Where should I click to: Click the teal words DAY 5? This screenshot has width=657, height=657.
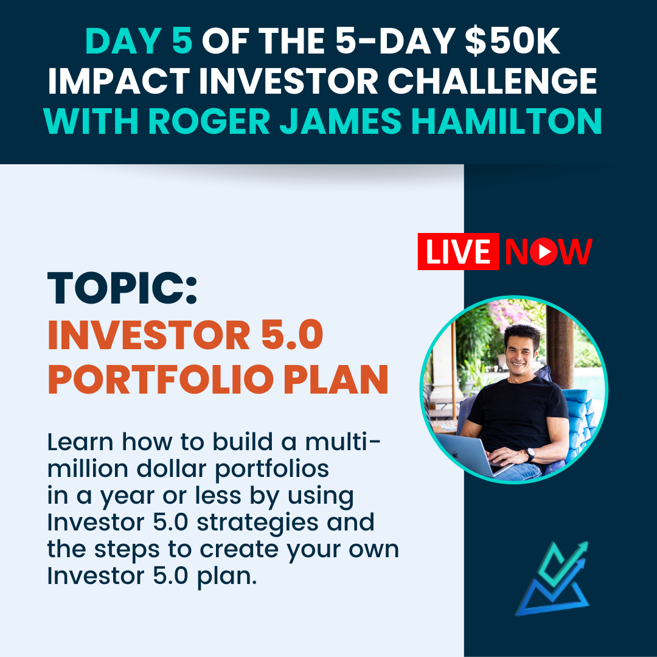coord(139,41)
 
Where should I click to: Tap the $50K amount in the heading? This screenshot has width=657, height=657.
coord(512,41)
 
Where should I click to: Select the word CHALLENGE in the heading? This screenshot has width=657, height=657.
coord(492,81)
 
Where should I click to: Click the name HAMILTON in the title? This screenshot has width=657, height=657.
coord(506,121)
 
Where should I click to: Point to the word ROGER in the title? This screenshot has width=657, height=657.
coord(209,121)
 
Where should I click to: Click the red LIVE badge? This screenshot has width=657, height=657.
coord(459,251)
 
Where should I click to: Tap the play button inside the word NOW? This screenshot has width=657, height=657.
coord(543,251)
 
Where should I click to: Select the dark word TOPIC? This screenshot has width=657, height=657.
coord(122,288)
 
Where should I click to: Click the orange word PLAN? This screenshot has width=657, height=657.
coord(336,380)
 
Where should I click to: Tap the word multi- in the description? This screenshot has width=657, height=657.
coord(342,442)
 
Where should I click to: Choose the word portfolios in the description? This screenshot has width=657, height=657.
coord(272,470)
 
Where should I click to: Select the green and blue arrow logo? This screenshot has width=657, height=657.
coord(552,579)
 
